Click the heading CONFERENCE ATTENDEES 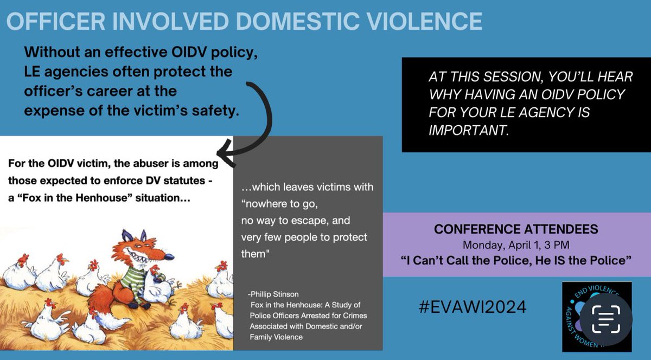516,229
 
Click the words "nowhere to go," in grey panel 277,204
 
